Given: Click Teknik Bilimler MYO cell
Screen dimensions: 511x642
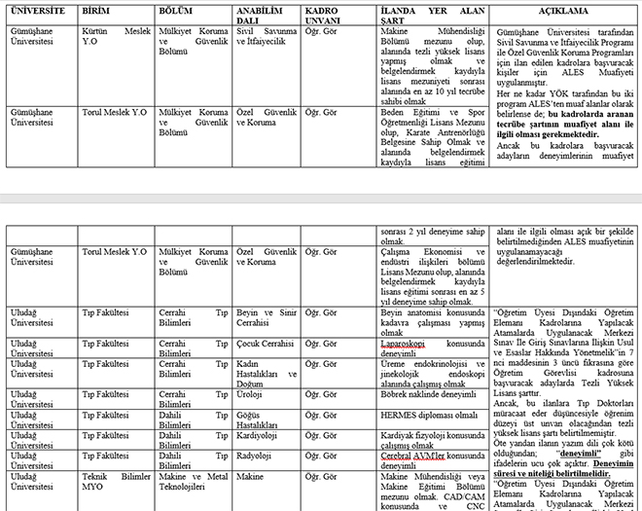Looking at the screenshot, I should pyautogui.click(x=117, y=483).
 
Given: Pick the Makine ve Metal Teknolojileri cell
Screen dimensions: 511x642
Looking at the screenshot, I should pyautogui.click(x=193, y=483).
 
